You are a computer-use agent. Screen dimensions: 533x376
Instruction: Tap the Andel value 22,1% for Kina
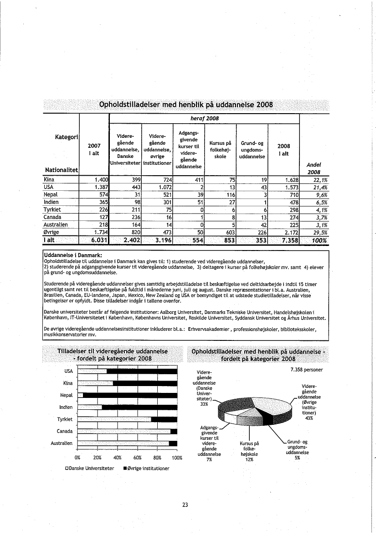tap(314, 180)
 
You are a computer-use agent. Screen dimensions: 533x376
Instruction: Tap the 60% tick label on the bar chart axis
tap(138, 458)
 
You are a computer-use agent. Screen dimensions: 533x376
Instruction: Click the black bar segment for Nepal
tap(129, 395)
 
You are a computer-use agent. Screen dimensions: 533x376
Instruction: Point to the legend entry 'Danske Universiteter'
tap(89, 469)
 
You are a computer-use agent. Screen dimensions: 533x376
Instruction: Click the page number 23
tap(185, 505)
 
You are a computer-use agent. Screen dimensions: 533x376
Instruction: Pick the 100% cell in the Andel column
tap(314, 240)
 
